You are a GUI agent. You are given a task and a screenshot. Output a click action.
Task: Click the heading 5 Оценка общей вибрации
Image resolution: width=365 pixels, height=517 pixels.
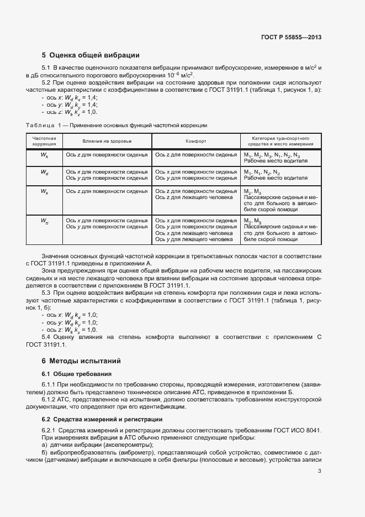click(91, 55)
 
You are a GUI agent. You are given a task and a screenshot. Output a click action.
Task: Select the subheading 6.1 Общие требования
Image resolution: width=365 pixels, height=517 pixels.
click(77, 374)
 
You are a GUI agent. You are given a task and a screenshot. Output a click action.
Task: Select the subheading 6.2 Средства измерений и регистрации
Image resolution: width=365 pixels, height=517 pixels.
click(102, 419)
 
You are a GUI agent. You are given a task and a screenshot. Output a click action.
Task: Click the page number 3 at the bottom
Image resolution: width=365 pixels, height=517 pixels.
click(320, 471)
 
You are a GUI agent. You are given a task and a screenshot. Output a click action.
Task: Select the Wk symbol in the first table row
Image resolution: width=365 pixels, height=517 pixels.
click(44, 155)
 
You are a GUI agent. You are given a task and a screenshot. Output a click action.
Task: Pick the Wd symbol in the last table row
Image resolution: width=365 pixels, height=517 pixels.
click(44, 221)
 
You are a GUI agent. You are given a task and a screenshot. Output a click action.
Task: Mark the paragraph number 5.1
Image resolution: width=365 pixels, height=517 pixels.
click(47, 67)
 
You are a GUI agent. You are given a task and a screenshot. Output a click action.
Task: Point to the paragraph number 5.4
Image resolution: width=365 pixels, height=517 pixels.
click(47, 337)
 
